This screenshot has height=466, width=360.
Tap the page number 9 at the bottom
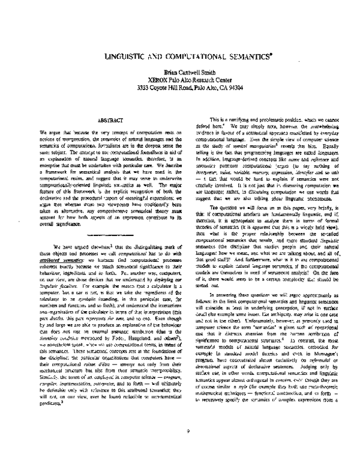click(188, 447)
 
